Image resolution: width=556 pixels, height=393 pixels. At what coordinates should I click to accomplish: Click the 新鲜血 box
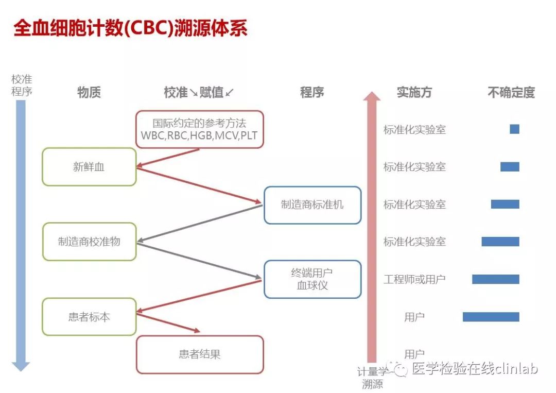(x=89, y=167)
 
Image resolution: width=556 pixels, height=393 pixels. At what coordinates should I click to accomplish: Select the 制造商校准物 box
(x=89, y=242)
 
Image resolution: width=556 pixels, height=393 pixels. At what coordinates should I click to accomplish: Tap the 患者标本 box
(x=89, y=317)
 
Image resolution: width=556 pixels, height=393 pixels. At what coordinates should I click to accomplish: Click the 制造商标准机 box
(x=312, y=204)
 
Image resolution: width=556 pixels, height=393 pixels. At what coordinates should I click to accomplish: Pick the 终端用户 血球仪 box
(x=312, y=279)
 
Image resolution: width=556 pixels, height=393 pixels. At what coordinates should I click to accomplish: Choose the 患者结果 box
(x=200, y=354)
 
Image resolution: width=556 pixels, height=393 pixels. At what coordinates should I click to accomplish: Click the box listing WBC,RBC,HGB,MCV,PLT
(x=200, y=129)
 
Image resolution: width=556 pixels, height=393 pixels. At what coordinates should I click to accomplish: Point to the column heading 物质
(x=89, y=92)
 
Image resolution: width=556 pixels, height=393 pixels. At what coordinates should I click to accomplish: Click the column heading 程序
(x=312, y=92)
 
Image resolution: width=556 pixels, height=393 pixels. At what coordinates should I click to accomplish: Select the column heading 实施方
(x=414, y=92)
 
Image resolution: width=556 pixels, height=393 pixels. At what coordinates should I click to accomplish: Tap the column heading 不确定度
(x=511, y=92)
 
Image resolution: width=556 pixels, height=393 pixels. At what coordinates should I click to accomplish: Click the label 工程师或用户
(x=414, y=280)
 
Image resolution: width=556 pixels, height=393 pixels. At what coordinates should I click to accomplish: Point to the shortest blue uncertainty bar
(x=514, y=129)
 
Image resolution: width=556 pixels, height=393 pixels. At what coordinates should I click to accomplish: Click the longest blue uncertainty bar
(x=491, y=317)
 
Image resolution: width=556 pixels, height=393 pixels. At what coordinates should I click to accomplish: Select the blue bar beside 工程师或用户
(x=496, y=279)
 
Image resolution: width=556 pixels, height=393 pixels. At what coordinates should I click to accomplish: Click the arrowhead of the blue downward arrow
(x=21, y=367)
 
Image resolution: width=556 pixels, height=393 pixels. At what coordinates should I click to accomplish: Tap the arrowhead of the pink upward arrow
(x=372, y=96)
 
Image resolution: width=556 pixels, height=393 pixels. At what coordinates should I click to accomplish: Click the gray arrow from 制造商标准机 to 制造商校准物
(x=200, y=224)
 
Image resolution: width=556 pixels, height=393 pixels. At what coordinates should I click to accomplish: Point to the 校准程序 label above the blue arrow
(x=22, y=85)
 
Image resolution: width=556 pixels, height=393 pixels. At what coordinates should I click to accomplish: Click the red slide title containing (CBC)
(x=130, y=28)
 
